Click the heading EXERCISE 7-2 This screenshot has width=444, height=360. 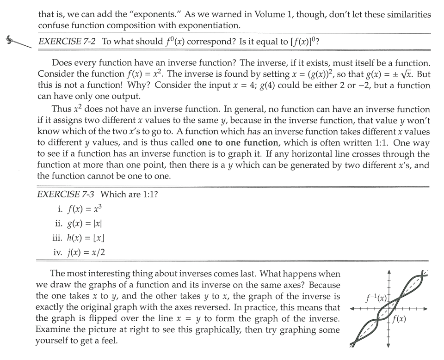(67, 41)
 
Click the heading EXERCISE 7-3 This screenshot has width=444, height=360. (65, 194)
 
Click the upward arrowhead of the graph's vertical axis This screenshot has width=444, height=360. (388, 272)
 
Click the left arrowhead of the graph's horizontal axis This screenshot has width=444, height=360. (353, 308)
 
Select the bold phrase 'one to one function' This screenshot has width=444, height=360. (238, 143)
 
